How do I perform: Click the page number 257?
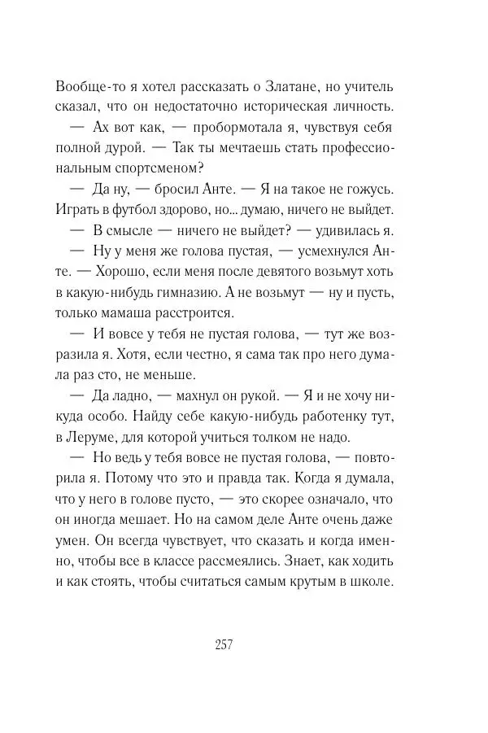224,647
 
